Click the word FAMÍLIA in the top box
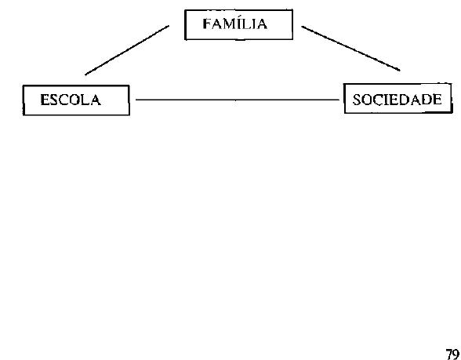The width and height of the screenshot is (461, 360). [x=235, y=24]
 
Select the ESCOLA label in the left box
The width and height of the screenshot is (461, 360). [x=71, y=100]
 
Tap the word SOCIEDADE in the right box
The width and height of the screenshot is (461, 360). [x=397, y=100]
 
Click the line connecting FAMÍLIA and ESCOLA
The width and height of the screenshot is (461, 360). [x=127, y=50]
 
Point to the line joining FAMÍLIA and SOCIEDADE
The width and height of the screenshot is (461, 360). [x=350, y=49]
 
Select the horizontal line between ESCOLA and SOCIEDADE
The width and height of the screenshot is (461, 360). [x=238, y=100]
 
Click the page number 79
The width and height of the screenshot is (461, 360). [x=452, y=355]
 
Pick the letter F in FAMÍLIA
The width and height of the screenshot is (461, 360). [x=207, y=24]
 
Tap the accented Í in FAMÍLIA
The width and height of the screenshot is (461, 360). [x=242, y=24]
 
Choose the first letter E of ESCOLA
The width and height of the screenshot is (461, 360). [x=45, y=100]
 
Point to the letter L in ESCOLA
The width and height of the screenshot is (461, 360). [x=85, y=100]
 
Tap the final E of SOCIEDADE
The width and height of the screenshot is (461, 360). [x=437, y=100]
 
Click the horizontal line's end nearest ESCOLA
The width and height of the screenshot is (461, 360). [x=136, y=100]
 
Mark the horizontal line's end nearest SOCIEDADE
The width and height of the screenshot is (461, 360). [x=339, y=100]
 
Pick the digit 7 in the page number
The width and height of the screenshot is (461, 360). [x=449, y=355]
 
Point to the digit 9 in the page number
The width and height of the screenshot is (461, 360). [x=456, y=355]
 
